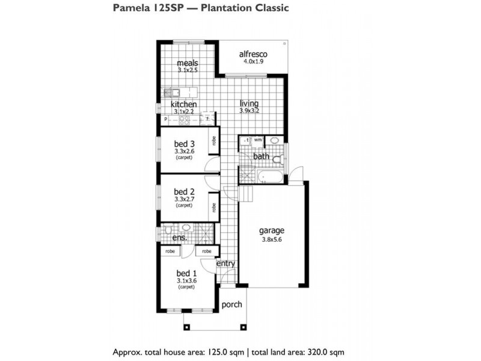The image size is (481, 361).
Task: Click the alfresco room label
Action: coord(253,54)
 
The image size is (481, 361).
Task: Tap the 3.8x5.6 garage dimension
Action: coord(272,239)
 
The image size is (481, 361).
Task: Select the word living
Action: coord(249,103)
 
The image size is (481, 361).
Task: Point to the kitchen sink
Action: coord(171,92)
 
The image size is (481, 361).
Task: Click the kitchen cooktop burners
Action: coord(184,120)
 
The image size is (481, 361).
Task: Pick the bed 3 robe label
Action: coord(214,141)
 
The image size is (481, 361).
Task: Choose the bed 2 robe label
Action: coord(214,207)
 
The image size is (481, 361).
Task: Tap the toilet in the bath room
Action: coord(278,159)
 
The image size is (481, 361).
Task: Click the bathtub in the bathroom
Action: coord(270,176)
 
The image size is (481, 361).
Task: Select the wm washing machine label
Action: coord(258,140)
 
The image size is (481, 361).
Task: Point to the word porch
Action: coord(231,305)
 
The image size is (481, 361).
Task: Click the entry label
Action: coord(226,264)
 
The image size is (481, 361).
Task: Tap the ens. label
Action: coord(179,238)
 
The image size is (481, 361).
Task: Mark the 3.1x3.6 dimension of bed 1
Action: coord(186,280)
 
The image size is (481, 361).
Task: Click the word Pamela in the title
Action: coord(130,8)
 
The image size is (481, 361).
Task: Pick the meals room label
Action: coord(188,63)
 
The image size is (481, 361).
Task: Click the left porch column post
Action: coord(186,327)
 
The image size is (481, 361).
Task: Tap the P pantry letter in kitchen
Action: coord(166,119)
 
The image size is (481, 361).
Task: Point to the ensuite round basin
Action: coord(186,228)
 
